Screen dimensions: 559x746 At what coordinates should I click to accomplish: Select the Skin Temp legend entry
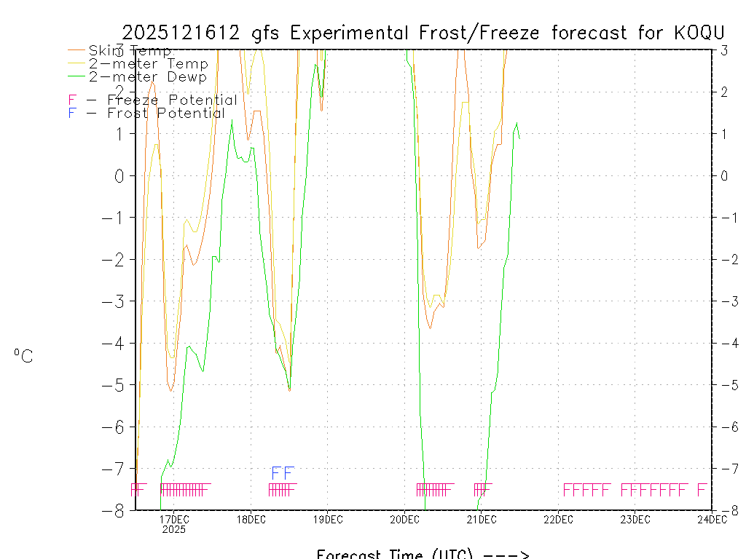(x=130, y=51)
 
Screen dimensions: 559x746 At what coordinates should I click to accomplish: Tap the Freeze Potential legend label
(x=172, y=100)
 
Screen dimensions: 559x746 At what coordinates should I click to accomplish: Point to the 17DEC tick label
(x=174, y=519)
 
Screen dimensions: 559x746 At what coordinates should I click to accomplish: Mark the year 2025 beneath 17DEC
(x=174, y=530)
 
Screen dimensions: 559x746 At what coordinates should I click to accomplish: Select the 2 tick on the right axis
(x=724, y=92)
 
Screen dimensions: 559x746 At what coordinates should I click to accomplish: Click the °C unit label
(x=23, y=356)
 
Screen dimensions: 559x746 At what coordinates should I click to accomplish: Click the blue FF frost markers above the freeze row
(x=282, y=473)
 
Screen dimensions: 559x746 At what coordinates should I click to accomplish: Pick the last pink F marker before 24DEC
(x=702, y=489)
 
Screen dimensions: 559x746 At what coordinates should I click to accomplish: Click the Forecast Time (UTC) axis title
(x=423, y=554)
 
